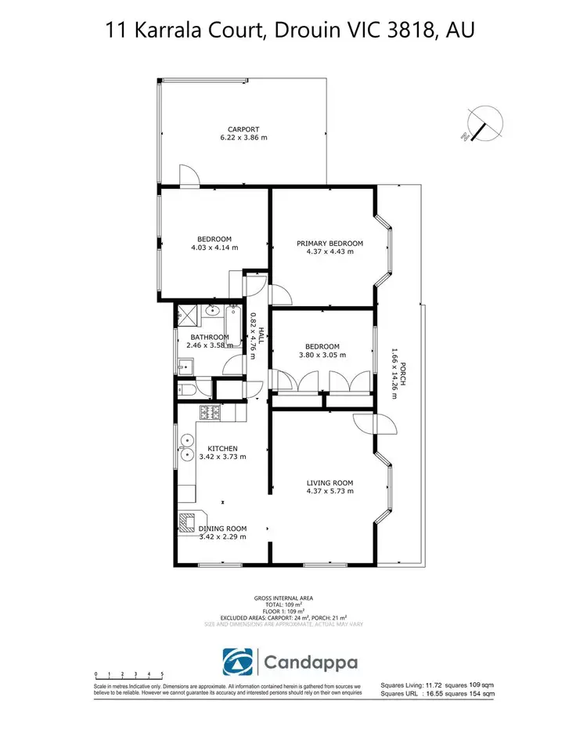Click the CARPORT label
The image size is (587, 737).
243,129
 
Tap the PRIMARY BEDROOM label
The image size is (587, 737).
330,244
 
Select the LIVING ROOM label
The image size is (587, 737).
330,482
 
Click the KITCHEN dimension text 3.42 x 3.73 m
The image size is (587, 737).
222,457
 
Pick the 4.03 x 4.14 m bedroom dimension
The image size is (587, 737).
214,247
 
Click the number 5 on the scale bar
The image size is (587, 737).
162,674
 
